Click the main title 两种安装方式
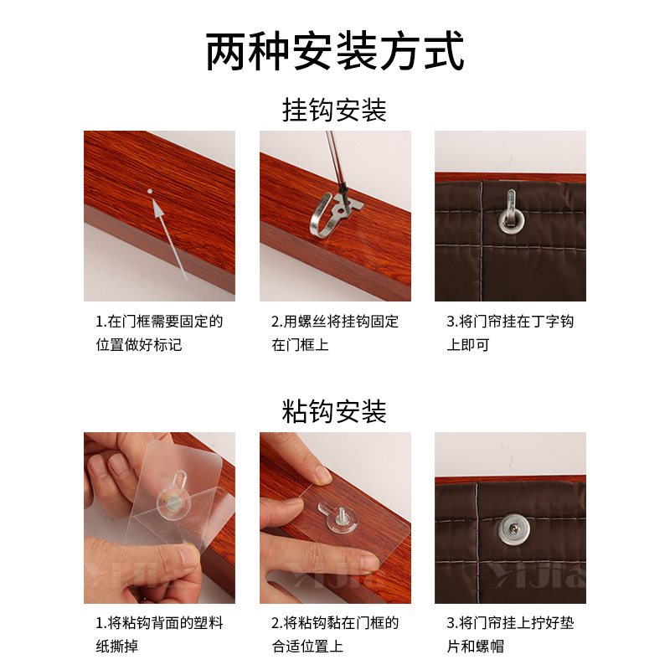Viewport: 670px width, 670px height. click(x=335, y=53)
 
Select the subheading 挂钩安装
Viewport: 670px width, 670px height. click(x=335, y=111)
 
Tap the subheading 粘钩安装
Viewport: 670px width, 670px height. click(x=335, y=411)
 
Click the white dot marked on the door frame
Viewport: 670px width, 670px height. click(x=149, y=191)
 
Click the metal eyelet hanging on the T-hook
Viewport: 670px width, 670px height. click(x=509, y=219)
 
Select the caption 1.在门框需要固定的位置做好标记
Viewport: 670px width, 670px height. click(x=159, y=332)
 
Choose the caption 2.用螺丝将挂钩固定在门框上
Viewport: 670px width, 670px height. click(x=335, y=332)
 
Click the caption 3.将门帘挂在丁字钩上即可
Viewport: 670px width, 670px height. click(x=510, y=332)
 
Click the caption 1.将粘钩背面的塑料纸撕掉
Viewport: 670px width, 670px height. click(x=159, y=634)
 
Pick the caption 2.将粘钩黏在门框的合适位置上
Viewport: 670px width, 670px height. click(x=335, y=634)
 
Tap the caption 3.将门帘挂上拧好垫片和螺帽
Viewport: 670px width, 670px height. click(x=510, y=634)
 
